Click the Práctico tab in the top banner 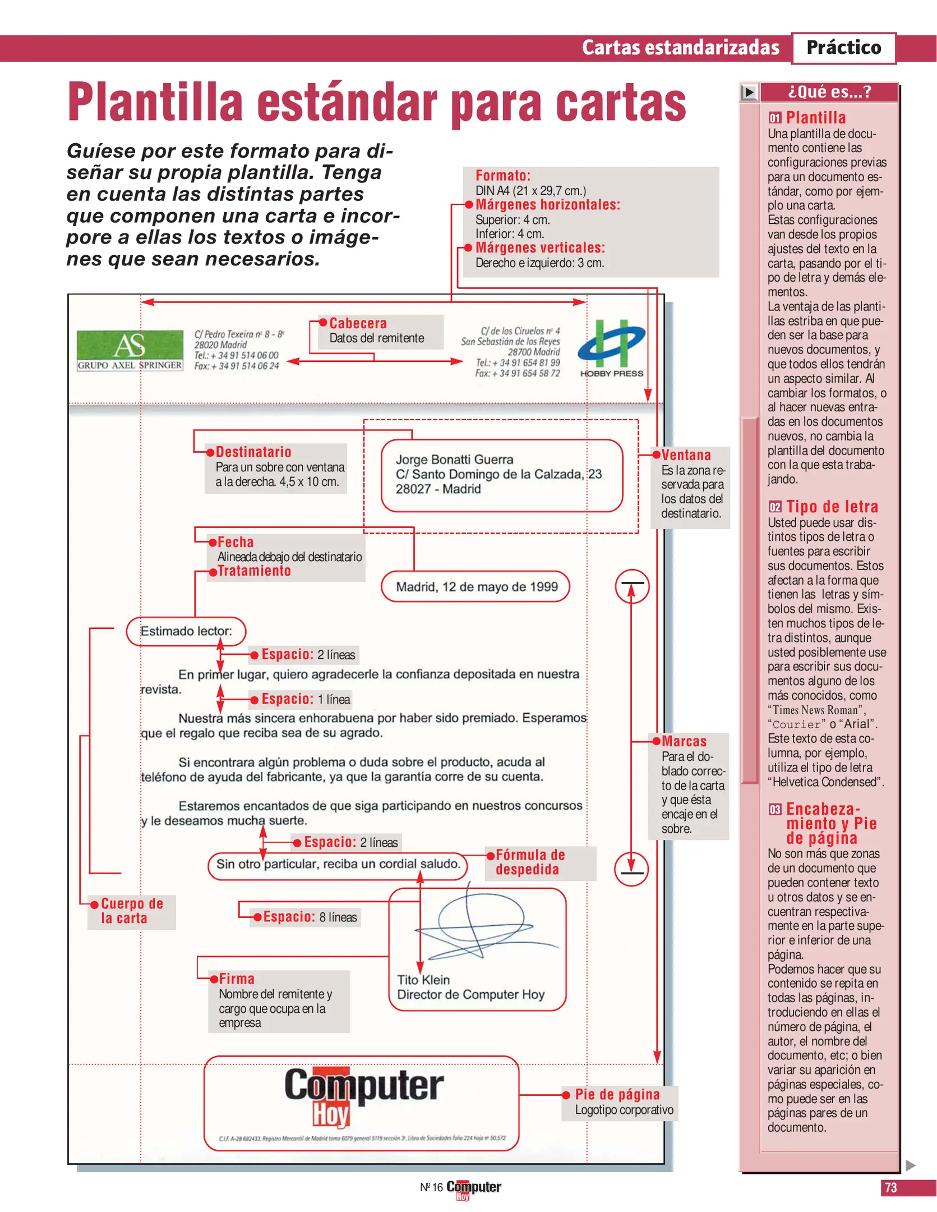pyautogui.click(x=843, y=48)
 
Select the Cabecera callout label pyautogui.click(x=358, y=324)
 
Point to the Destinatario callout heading pyautogui.click(x=253, y=452)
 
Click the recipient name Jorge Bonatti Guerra pyautogui.click(x=454, y=460)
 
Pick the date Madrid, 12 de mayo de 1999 pyautogui.click(x=477, y=587)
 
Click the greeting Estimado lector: pyautogui.click(x=186, y=631)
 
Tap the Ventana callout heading pyautogui.click(x=686, y=456)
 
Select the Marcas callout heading pyautogui.click(x=684, y=741)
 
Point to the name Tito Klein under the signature pyautogui.click(x=423, y=980)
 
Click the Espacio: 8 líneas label pyautogui.click(x=310, y=917)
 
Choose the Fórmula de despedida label pyautogui.click(x=529, y=862)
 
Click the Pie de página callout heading pyautogui.click(x=617, y=1094)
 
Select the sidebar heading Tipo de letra pyautogui.click(x=832, y=507)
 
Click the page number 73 pyautogui.click(x=890, y=1187)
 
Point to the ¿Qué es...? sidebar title pyautogui.click(x=829, y=91)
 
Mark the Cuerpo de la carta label pyautogui.click(x=131, y=911)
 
